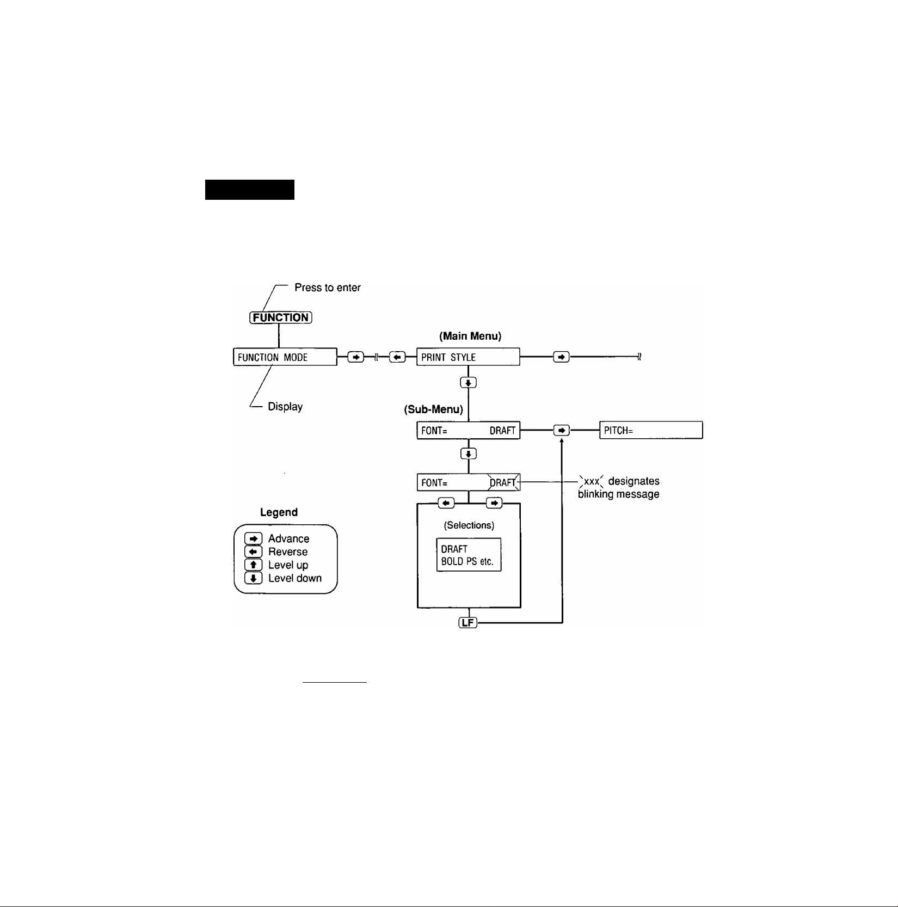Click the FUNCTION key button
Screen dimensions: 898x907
[280, 317]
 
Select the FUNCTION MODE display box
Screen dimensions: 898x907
[285, 357]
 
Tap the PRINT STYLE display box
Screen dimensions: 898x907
[468, 357]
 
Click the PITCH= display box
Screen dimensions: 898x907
[651, 431]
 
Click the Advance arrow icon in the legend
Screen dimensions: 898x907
[254, 538]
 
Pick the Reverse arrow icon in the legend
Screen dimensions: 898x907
[254, 551]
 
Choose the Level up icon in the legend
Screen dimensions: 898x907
[254, 565]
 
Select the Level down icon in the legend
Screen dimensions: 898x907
[254, 578]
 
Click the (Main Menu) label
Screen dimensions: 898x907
[470, 336]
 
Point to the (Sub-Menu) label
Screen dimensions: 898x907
[433, 410]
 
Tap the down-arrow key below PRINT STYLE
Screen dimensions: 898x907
[468, 383]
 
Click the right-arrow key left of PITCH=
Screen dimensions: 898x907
[561, 431]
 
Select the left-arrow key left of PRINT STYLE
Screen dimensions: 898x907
[397, 357]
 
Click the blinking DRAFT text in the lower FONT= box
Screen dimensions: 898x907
[503, 483]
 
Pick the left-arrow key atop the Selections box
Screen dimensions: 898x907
[446, 503]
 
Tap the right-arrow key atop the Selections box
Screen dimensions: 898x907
[494, 503]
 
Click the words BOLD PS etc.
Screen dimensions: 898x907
[467, 561]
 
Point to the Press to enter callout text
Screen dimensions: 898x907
[328, 287]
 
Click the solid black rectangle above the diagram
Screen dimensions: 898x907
[249, 189]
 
